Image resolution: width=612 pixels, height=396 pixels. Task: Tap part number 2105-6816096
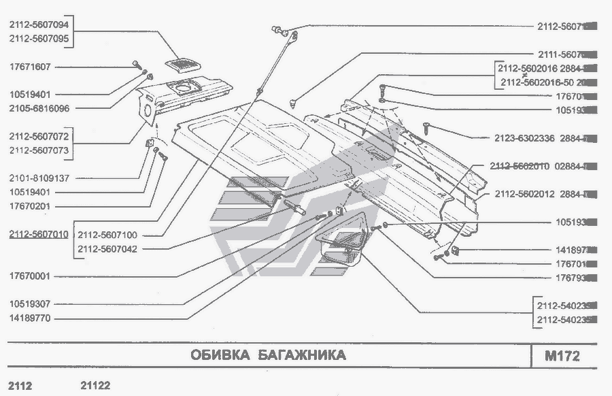click(x=39, y=108)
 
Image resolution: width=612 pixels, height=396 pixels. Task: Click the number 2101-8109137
click(x=39, y=178)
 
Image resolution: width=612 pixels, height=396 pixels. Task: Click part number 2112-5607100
click(x=107, y=235)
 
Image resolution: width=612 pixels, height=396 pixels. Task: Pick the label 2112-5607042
click(x=107, y=248)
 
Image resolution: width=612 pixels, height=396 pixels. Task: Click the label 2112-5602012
click(x=526, y=194)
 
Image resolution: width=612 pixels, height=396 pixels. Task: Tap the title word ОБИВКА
click(x=216, y=355)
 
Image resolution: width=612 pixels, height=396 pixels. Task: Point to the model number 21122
click(x=95, y=385)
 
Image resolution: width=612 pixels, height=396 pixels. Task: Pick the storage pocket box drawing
click(x=340, y=249)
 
